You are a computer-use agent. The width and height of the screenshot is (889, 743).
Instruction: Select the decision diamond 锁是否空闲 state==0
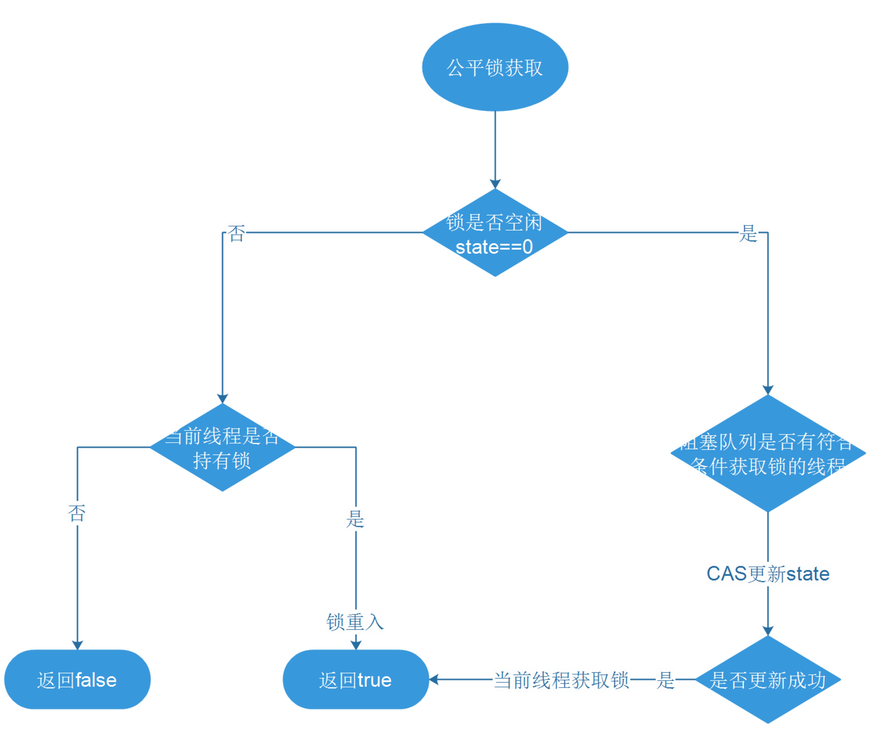(x=495, y=232)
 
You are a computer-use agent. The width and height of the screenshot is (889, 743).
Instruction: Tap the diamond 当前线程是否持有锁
(x=222, y=448)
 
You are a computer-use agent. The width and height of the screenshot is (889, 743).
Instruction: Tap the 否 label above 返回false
(x=77, y=513)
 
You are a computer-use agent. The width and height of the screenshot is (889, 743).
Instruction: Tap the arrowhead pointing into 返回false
(x=77, y=645)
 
